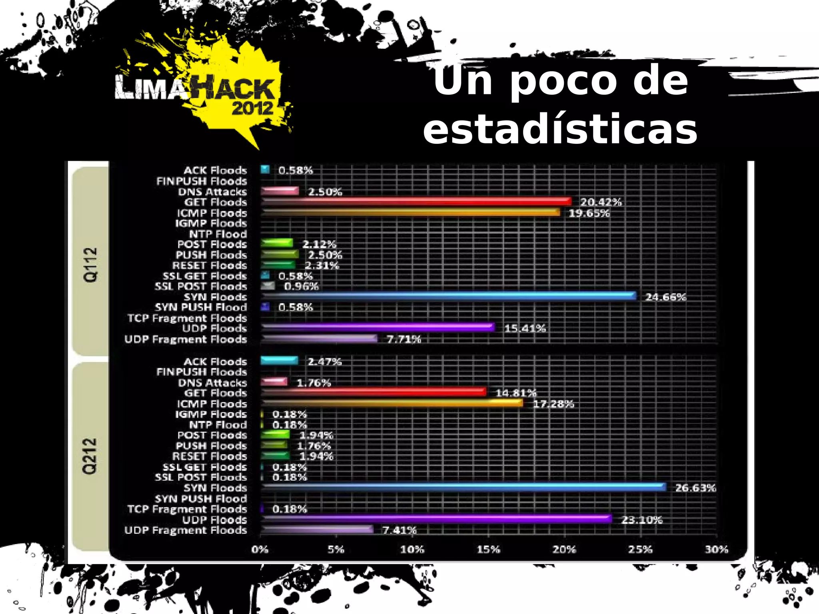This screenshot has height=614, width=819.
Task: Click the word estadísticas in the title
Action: point(560,129)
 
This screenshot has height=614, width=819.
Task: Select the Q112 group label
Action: point(90,264)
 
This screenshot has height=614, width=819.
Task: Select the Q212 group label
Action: point(90,456)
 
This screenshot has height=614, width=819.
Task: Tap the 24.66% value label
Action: point(665,297)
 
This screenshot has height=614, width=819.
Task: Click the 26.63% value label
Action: point(695,488)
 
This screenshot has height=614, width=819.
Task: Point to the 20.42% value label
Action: point(601,202)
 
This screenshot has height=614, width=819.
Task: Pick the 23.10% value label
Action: point(641,520)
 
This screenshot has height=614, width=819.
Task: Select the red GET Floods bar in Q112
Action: point(416,201)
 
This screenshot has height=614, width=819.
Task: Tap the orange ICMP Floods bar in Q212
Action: point(392,403)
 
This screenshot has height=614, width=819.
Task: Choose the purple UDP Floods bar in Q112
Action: point(378,327)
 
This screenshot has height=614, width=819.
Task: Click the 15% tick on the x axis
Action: point(488,549)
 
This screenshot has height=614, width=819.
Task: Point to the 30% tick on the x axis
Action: point(716,549)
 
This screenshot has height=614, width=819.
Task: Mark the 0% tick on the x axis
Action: point(260,549)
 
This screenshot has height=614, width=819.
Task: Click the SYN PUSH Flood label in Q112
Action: point(201,307)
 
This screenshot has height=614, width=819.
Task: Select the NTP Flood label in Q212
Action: point(218,425)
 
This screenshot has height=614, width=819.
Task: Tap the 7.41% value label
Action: point(399,530)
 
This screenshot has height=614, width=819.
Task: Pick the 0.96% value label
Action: point(301,286)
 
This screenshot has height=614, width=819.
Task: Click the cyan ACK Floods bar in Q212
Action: point(279,361)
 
